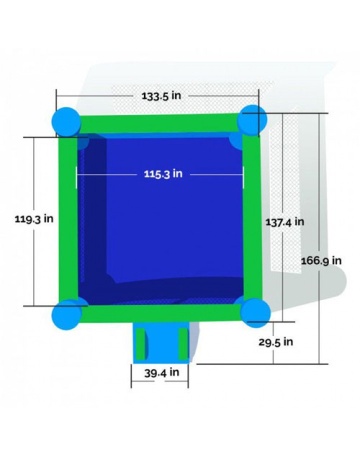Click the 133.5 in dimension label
coord(161,95)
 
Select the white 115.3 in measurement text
coord(163,174)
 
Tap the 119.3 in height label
coord(34,218)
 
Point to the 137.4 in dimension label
coord(284,222)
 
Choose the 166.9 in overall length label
coord(321,260)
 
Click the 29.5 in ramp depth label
coord(275,342)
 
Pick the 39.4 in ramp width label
coord(161,372)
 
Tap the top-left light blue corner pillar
coord(66,122)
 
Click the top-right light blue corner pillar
coord(252,120)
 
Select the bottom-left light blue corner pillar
coord(66,314)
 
